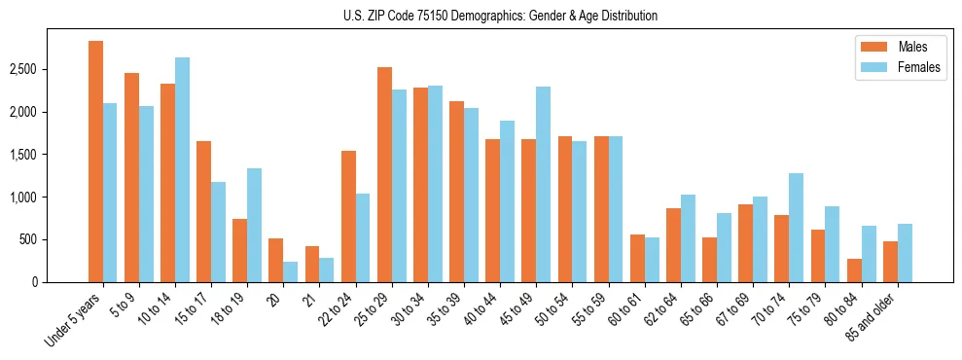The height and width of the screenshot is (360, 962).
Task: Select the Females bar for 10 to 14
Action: tap(182, 169)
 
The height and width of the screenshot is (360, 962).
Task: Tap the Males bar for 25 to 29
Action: tap(384, 174)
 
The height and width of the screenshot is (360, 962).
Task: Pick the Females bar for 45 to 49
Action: tap(543, 184)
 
